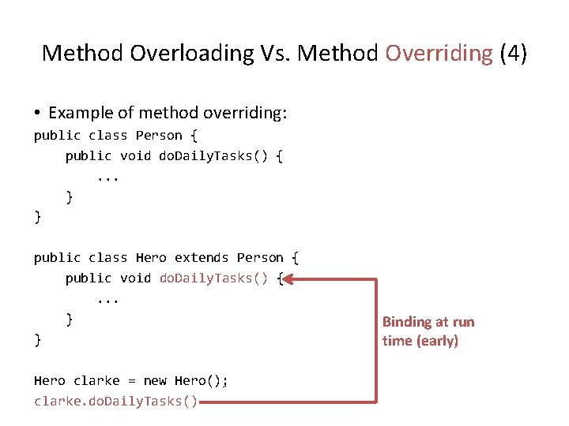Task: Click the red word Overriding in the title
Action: [x=438, y=53]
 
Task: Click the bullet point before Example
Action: [x=38, y=114]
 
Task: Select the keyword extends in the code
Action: [x=202, y=258]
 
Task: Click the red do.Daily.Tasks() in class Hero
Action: [x=213, y=278]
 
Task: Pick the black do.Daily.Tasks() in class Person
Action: [x=213, y=156]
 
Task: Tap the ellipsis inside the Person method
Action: [x=107, y=177]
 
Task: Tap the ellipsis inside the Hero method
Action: [x=107, y=299]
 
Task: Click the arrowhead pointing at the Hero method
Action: [x=288, y=278]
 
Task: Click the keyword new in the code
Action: [x=155, y=381]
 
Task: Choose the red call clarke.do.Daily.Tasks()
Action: [x=115, y=402]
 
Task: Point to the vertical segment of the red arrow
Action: [x=377, y=339]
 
